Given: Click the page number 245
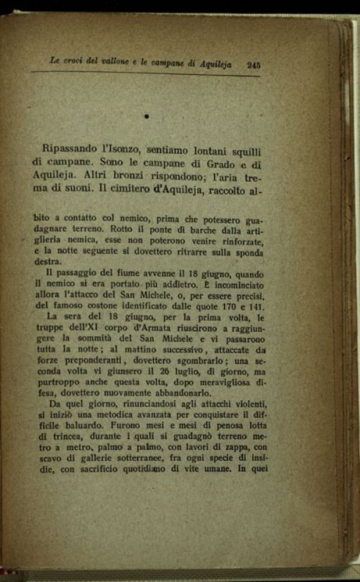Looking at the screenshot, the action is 253,64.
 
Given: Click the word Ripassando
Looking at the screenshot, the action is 71,149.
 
